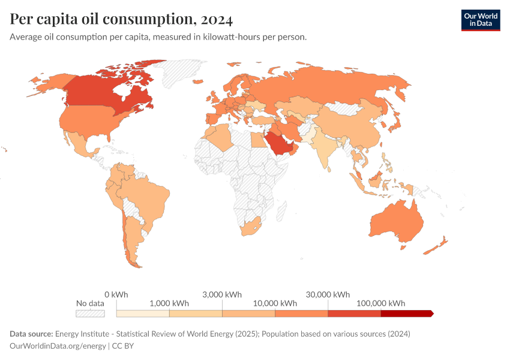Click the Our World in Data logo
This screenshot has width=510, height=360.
[x=480, y=20]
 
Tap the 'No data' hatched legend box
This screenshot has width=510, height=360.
[x=90, y=313]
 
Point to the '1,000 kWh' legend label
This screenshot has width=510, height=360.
[x=169, y=303]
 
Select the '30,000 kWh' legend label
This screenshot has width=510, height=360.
[x=328, y=294]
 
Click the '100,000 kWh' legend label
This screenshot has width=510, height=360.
[x=381, y=303]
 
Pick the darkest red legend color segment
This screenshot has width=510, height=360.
[x=406, y=313]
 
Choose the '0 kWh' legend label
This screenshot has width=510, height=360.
[x=116, y=294]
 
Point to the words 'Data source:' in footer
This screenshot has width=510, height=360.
[x=31, y=334]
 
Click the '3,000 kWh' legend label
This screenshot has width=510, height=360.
[x=222, y=294]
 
